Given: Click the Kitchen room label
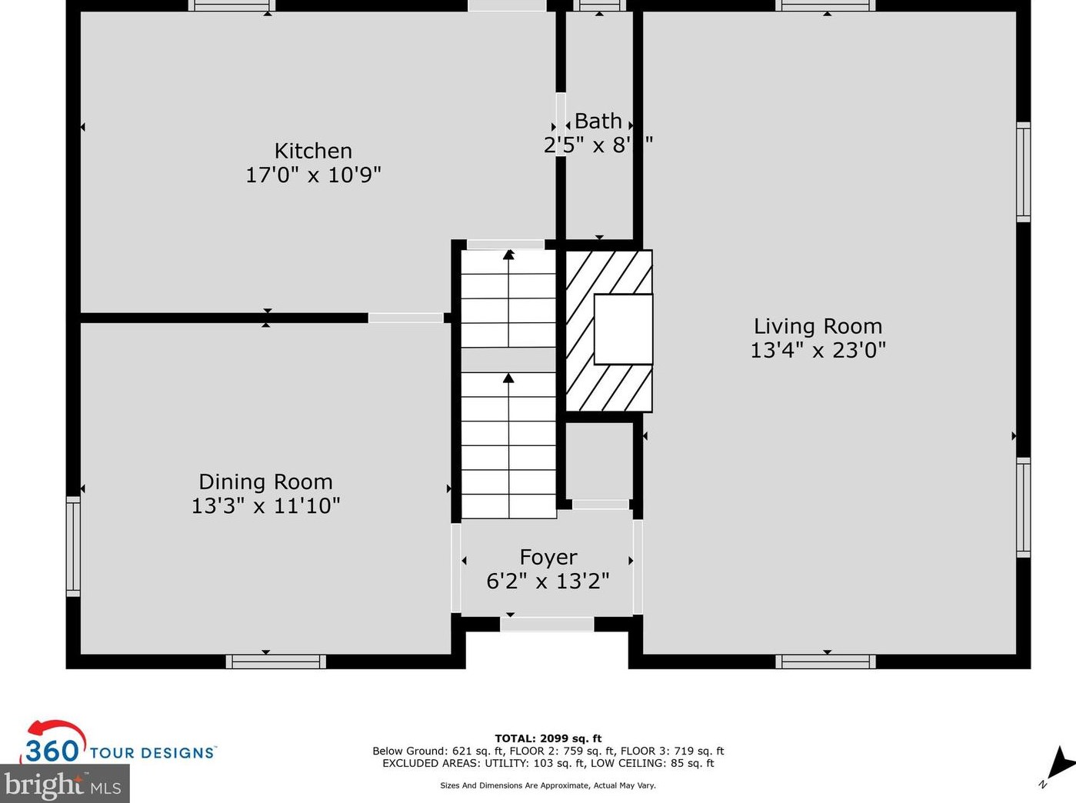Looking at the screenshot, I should [313, 151].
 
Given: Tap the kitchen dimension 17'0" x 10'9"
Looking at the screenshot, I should [313, 175].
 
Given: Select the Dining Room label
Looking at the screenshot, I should [265, 481].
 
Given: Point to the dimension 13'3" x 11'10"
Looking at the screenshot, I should [265, 505].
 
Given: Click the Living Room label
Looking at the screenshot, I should [818, 326].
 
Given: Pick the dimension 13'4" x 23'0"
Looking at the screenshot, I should [818, 350].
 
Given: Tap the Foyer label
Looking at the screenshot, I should [548, 557].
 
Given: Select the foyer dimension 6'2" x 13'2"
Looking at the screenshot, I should [548, 581].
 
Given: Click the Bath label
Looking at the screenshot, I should [598, 122].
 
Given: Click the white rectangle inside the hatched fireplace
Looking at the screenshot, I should [623, 329].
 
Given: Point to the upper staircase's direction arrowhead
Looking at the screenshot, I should [508, 254].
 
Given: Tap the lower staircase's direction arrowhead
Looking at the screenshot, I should [508, 378].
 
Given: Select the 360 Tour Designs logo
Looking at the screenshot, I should [118, 745].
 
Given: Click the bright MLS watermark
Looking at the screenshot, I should [64, 785].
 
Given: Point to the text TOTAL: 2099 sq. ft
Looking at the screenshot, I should [548, 738].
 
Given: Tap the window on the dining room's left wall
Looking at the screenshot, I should [73, 546].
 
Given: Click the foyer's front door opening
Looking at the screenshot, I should [547, 624].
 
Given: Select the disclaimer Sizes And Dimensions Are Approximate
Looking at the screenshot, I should [548, 785].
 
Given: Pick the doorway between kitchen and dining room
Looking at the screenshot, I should [405, 318].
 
